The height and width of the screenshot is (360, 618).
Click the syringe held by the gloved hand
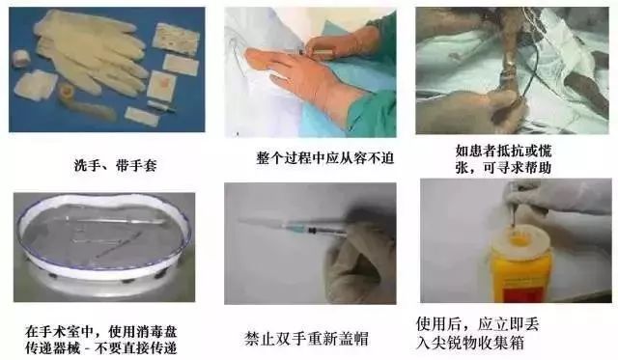(x=299, y=226)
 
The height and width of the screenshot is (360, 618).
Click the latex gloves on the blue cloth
(x=92, y=58)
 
